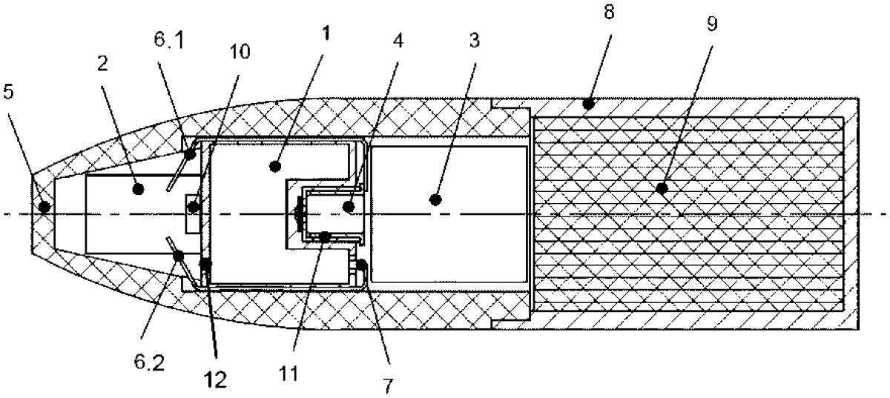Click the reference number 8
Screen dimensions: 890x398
609,12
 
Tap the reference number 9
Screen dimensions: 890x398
713,24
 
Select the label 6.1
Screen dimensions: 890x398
170,40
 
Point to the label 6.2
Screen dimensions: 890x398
149,362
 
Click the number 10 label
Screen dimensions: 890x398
240,52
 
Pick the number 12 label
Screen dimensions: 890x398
216,379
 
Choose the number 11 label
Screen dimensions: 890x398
289,374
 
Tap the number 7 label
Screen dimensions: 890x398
388,385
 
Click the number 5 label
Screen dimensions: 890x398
8,91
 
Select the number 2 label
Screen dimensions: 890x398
102,64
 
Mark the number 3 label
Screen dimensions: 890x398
475,41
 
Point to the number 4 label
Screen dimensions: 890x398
398,41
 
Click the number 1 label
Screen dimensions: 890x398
326,33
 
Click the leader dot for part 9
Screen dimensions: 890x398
662,188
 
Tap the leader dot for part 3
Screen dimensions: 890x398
436,200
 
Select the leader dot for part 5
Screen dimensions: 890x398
44,207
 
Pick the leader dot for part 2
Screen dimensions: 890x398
138,189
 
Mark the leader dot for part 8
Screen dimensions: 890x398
588,105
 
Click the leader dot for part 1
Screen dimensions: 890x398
275,166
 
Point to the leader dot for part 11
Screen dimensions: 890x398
325,237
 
